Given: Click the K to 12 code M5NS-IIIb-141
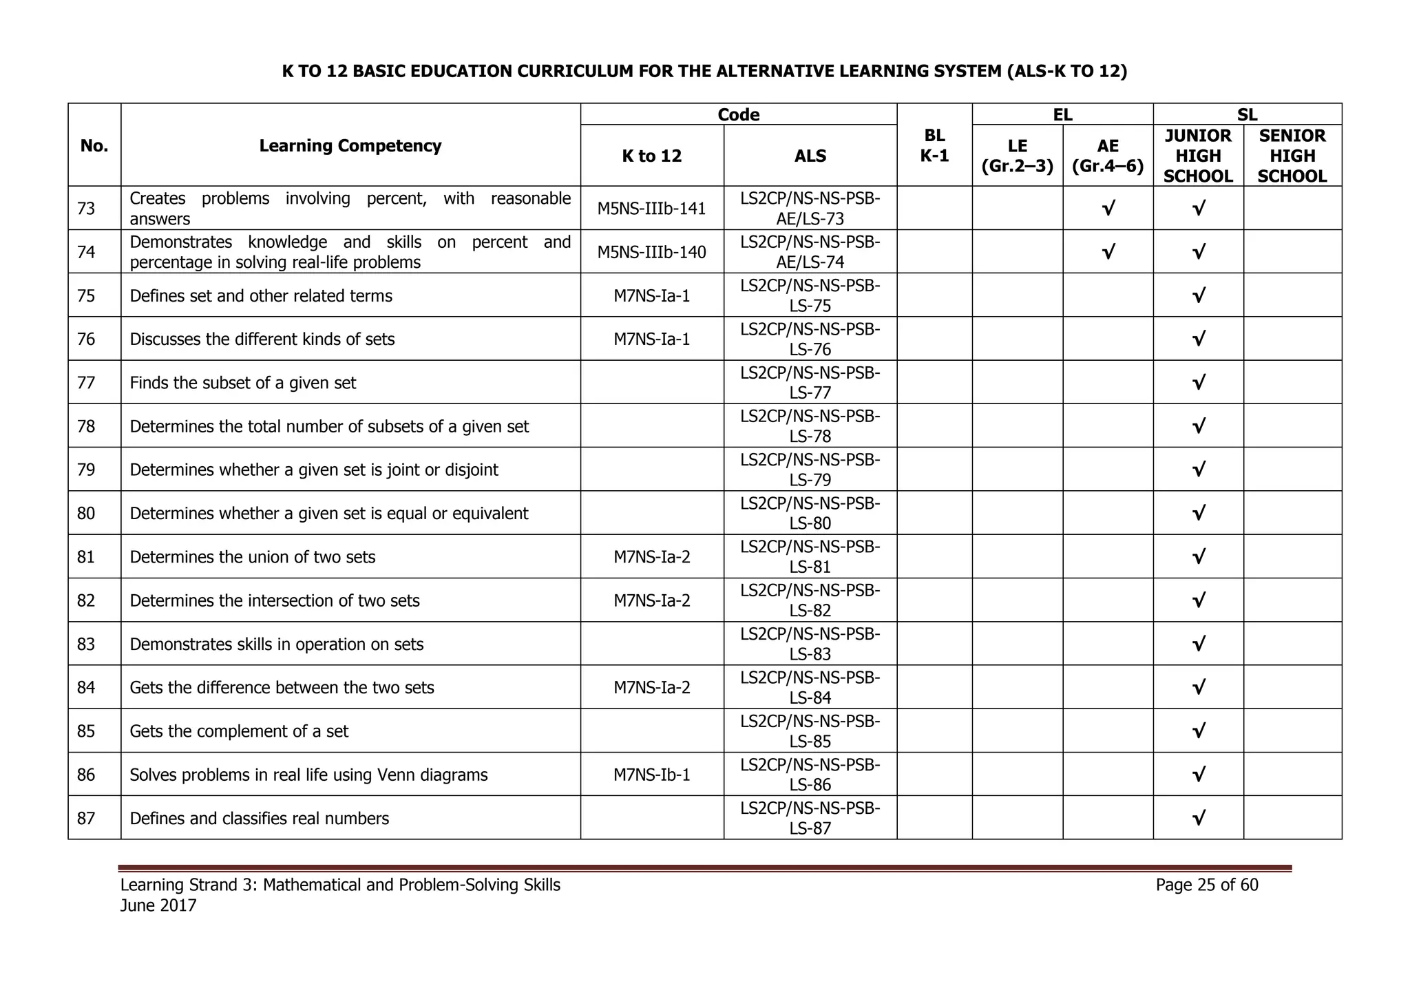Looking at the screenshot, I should pyautogui.click(x=651, y=209).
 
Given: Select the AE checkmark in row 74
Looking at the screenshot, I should pyautogui.click(x=1108, y=252).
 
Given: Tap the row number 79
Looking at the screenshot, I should pyautogui.click(x=86, y=470).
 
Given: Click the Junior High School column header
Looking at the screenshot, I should pyautogui.click(x=1198, y=156).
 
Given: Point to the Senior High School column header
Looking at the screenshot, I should pyautogui.click(x=1292, y=156).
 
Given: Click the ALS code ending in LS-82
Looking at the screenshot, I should pyautogui.click(x=810, y=600).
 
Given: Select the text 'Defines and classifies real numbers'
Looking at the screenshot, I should pyautogui.click(x=259, y=819).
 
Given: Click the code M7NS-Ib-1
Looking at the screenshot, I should pyautogui.click(x=651, y=775).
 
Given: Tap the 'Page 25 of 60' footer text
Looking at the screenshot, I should pyautogui.click(x=1206, y=885).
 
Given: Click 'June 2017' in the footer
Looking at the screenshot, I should pyautogui.click(x=158, y=905).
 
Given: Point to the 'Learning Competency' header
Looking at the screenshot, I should pyautogui.click(x=350, y=146).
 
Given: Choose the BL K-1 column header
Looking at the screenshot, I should pyautogui.click(x=934, y=145).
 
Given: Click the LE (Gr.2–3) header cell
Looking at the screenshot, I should pyautogui.click(x=1017, y=156).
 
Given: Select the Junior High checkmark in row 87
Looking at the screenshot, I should pyautogui.click(x=1198, y=819).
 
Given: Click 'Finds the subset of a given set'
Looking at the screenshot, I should pyautogui.click(x=242, y=383).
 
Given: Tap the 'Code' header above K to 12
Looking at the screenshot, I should pyautogui.click(x=738, y=114).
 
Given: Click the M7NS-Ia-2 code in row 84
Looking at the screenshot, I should pyautogui.click(x=651, y=688).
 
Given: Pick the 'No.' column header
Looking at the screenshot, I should pyautogui.click(x=94, y=146).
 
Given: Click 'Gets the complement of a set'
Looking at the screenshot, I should pyautogui.click(x=239, y=731).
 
